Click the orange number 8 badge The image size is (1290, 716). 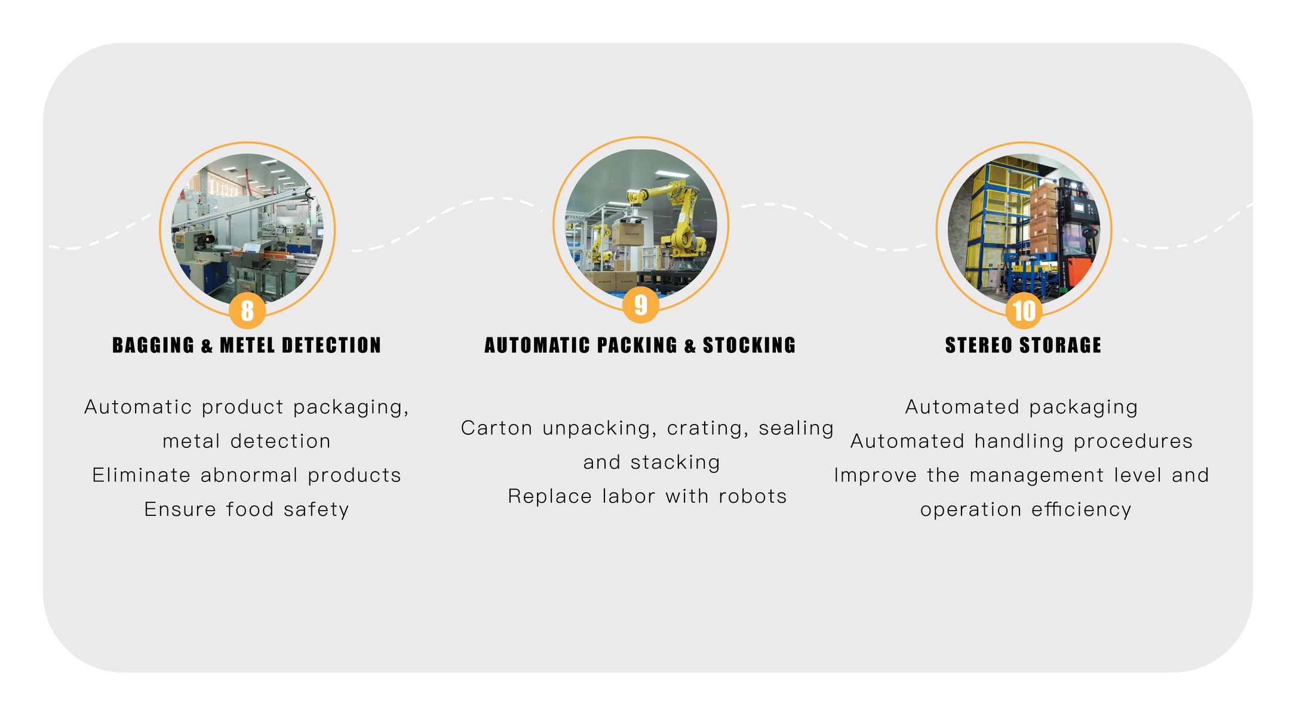247,311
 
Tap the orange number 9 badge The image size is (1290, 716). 640,305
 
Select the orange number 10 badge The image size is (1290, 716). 1024,311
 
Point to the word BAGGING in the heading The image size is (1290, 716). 153,345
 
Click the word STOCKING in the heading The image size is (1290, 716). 749,345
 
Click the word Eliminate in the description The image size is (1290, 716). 142,475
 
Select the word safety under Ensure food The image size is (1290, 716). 316,510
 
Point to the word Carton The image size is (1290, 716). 496,428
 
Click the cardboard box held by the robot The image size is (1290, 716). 628,233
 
